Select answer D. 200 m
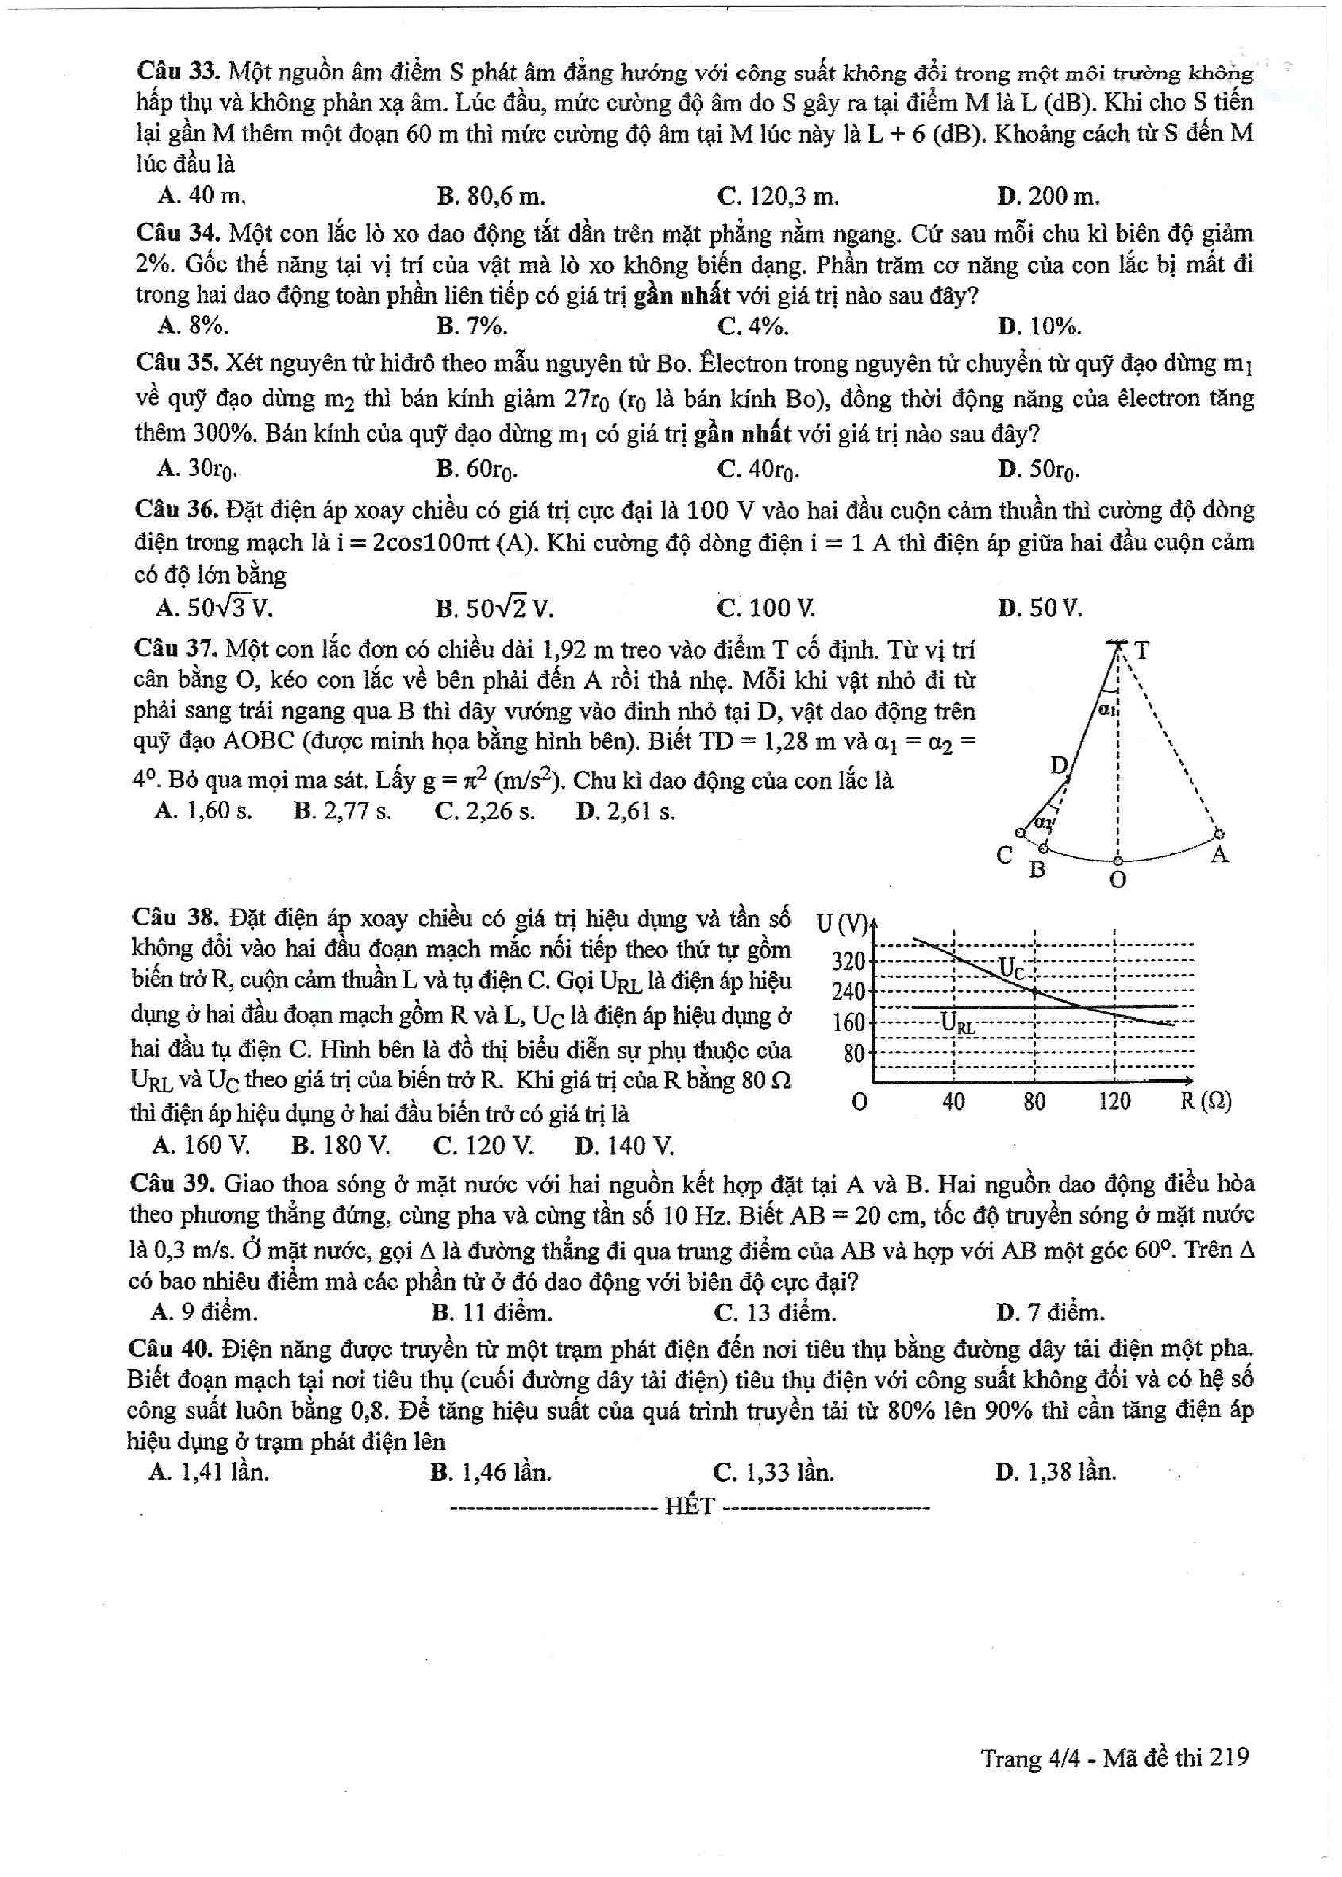[x=1048, y=197]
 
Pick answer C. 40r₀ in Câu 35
[x=758, y=470]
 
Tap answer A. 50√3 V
[x=214, y=609]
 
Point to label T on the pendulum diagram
[x=1142, y=650]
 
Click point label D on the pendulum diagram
[x=1059, y=765]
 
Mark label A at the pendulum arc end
[x=1220, y=855]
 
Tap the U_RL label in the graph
[x=958, y=1025]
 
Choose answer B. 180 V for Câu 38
[x=341, y=1146]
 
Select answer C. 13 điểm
[x=774, y=1313]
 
